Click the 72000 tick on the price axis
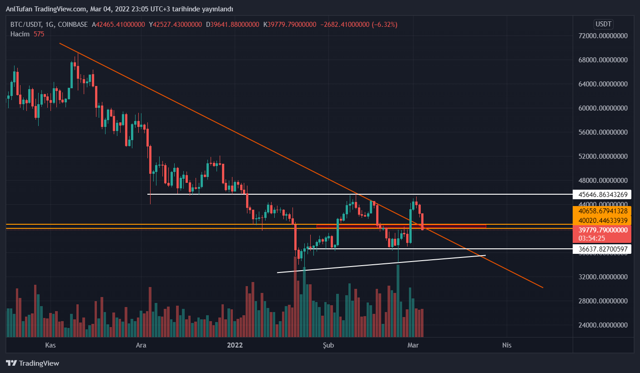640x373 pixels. click(x=602, y=36)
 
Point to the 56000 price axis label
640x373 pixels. click(x=602, y=132)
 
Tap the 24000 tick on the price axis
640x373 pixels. click(x=602, y=325)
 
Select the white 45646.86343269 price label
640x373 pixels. click(x=602, y=194)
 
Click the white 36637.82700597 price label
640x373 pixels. click(x=602, y=249)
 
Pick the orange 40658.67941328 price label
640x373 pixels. click(x=602, y=211)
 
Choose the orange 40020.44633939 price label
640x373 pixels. click(x=602, y=221)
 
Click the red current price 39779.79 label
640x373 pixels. click(x=602, y=230)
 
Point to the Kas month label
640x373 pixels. click(x=50, y=345)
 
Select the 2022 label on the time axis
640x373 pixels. click(x=235, y=345)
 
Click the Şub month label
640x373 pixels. click(x=328, y=345)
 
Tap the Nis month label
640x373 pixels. click(x=506, y=345)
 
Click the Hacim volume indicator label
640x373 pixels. click(x=20, y=34)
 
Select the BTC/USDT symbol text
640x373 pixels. click(x=26, y=25)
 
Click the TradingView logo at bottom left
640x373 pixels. click(x=33, y=363)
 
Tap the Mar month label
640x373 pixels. click(x=413, y=345)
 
